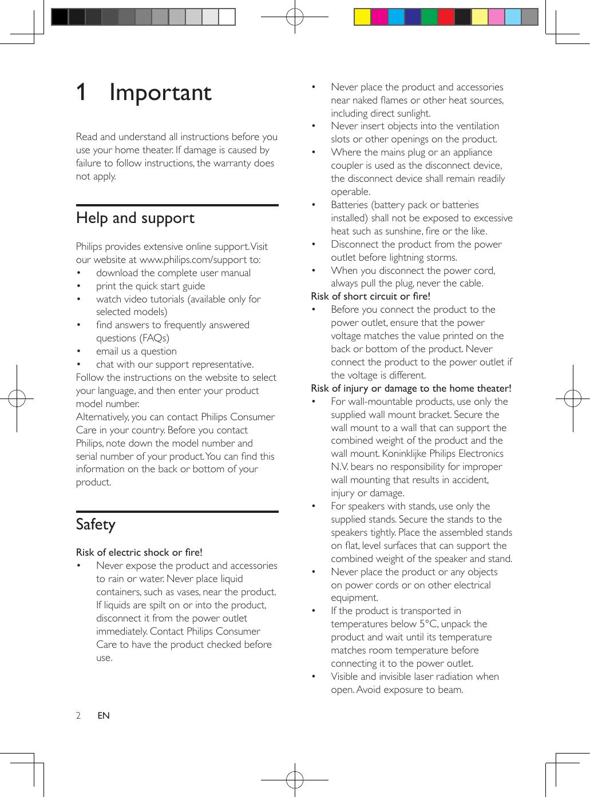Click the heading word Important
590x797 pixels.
coord(160,93)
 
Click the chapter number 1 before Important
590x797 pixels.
coord(82,93)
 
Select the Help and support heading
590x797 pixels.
coord(135,218)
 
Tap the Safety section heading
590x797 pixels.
coord(96,525)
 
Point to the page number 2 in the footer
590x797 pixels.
coord(78,715)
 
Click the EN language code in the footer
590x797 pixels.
coord(104,715)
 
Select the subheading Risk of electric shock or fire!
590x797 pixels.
coord(139,552)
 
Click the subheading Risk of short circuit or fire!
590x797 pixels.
coord(370,296)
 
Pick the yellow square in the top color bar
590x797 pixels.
coord(362,17)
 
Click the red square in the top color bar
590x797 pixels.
coord(445,17)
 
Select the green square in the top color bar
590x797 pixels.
coord(429,17)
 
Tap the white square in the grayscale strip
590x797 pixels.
coord(227,17)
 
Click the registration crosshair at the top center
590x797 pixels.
coord(295,17)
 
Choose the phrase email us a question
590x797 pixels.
coord(136,351)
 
